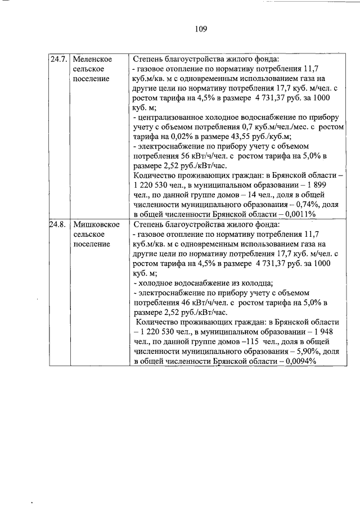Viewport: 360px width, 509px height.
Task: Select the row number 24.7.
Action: point(58,59)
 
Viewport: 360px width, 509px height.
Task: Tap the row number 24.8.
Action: point(58,224)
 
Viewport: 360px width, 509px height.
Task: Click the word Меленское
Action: point(92,59)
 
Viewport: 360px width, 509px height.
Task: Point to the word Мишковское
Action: point(96,224)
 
